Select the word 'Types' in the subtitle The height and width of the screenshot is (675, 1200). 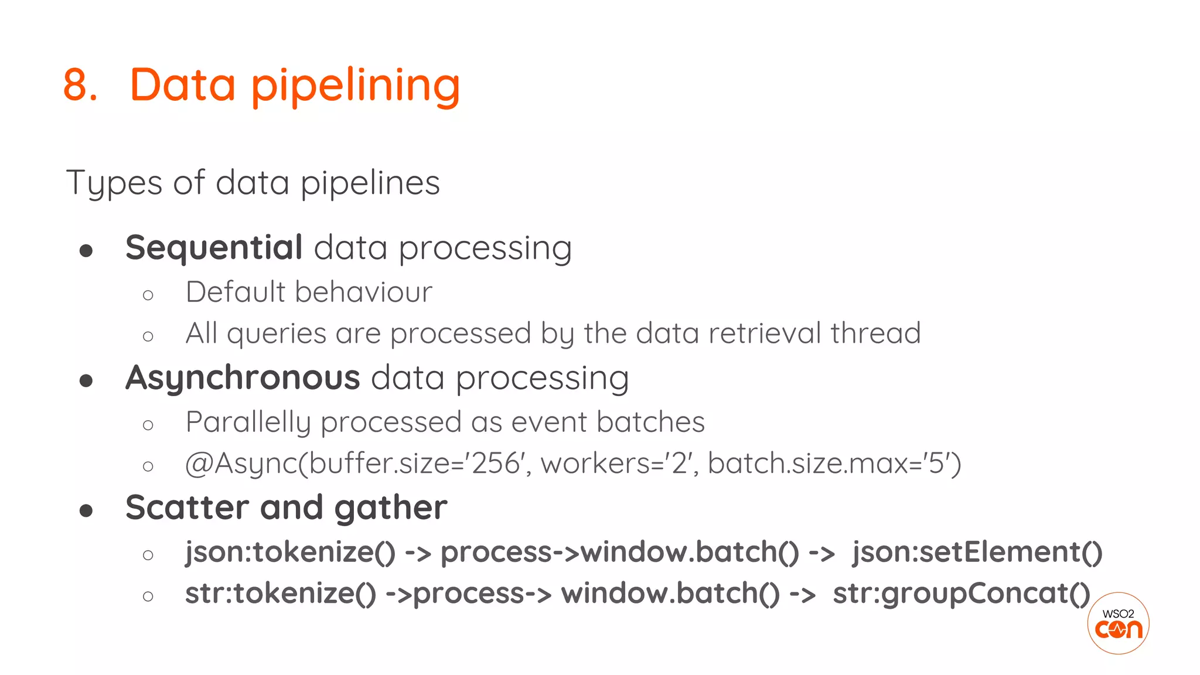tap(114, 183)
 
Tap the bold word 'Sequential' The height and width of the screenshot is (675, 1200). tap(214, 247)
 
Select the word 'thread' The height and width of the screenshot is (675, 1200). tap(875, 333)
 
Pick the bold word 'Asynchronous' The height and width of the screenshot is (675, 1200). tap(243, 377)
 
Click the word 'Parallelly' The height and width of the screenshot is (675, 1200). tap(248, 422)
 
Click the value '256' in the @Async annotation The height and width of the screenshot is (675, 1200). tap(496, 463)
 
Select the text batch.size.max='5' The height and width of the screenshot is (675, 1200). tap(834, 463)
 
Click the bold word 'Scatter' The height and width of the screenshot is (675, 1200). tap(187, 507)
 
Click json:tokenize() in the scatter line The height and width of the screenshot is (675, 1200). tap(291, 552)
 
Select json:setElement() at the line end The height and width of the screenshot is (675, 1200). tap(977, 552)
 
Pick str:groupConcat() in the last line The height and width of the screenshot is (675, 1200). tap(961, 593)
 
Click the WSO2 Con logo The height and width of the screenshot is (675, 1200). tap(1118, 623)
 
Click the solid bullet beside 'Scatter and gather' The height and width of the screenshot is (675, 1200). tap(86, 510)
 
